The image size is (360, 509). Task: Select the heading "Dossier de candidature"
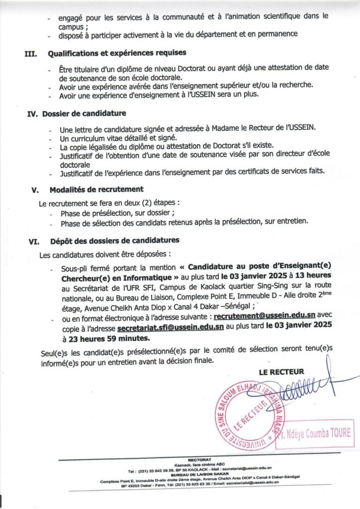89,113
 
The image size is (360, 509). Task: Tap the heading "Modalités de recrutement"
96,189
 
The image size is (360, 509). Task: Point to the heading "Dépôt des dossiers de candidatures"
114,241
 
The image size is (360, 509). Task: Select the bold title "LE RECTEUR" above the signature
281,372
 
